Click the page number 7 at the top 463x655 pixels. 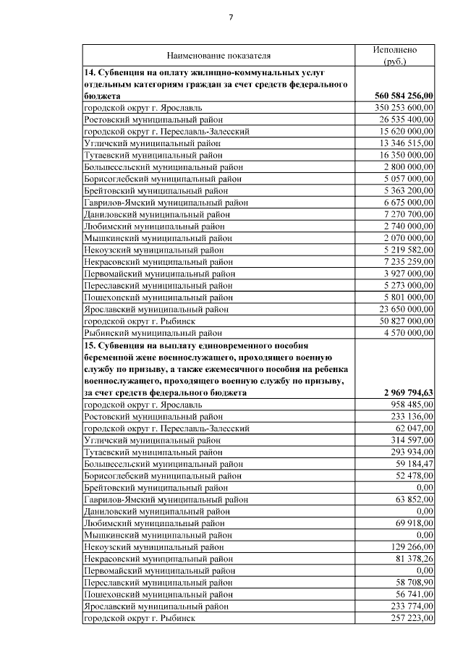[231, 17]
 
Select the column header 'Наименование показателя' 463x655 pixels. [218, 55]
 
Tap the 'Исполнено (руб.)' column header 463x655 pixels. [395, 56]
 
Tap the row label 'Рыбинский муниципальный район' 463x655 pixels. [153, 333]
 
